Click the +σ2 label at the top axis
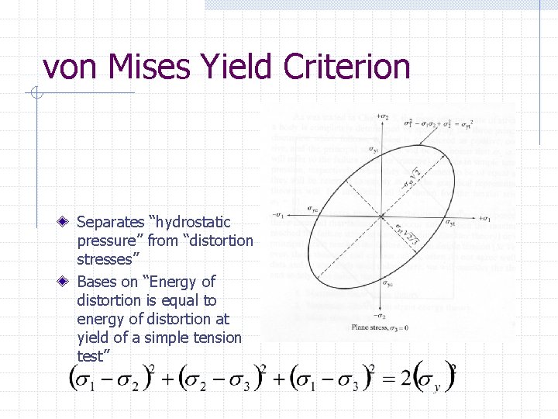tap(381, 117)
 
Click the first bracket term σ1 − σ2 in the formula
tap(109, 379)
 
